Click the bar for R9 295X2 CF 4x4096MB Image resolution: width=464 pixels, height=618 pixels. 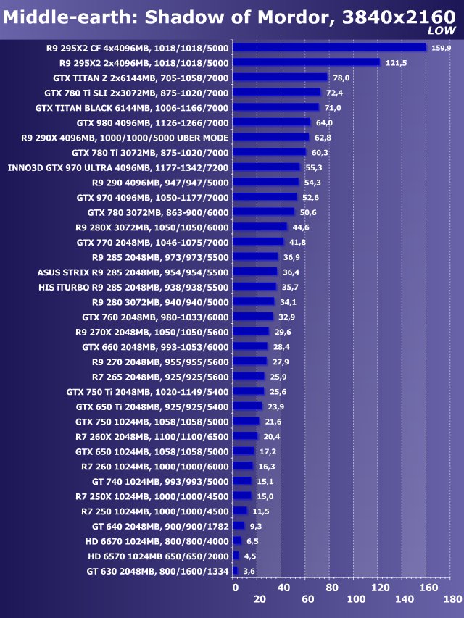[330, 48]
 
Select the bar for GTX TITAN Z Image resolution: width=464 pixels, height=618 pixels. [281, 78]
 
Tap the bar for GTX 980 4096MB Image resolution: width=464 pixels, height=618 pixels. [272, 122]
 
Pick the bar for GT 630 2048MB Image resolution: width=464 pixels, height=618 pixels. [236, 571]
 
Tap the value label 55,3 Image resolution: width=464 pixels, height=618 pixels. [314, 167]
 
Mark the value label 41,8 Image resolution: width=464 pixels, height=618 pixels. [297, 242]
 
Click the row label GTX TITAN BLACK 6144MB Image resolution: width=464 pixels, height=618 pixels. [132, 107]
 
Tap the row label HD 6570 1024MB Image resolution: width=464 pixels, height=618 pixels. [158, 556]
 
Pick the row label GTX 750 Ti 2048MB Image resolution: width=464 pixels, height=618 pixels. [147, 391]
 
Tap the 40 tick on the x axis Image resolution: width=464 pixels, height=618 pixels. [283, 587]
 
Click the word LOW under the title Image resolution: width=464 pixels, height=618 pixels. [442, 30]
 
